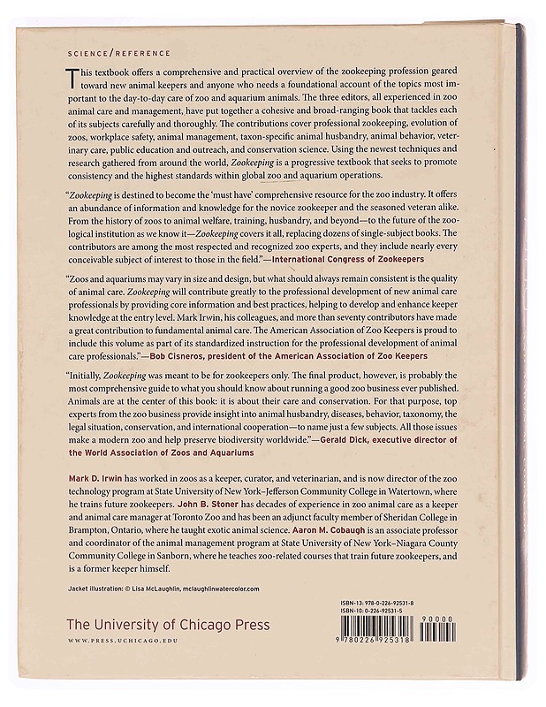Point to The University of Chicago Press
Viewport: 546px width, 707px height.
169,625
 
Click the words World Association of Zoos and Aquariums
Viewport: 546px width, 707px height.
160,452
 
